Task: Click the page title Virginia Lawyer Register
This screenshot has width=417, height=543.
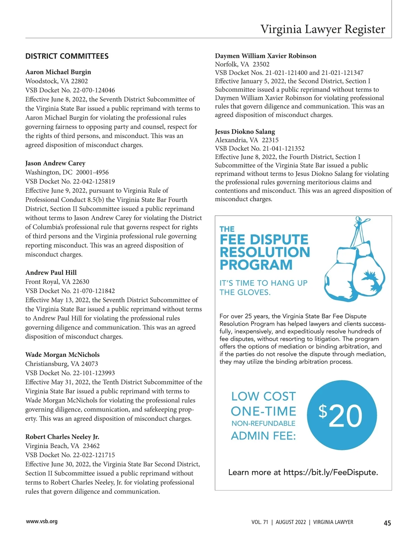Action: coord(322,29)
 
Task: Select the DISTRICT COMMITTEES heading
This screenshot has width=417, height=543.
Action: coord(67,56)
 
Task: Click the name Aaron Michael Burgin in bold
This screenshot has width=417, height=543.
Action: coord(58,72)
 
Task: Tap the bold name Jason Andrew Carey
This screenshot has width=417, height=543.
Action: coord(55,163)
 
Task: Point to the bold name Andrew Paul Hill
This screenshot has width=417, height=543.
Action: coord(51,273)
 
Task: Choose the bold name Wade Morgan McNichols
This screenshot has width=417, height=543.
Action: coord(62,355)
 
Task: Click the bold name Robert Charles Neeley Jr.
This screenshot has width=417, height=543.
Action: coord(62,437)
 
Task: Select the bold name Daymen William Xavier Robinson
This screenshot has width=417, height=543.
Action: coord(265,56)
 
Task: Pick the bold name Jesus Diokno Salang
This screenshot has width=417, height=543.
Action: coord(245,132)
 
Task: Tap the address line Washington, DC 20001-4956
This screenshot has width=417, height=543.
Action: coord(67,172)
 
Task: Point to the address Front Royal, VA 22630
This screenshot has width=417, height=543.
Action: coord(57,282)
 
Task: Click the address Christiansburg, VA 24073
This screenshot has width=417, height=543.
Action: coord(62,364)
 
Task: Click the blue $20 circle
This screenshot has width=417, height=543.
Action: coord(342,415)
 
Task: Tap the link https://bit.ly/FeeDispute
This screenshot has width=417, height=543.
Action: coord(330,472)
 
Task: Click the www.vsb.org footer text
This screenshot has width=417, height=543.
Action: coord(42,521)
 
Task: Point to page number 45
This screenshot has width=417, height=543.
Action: coord(387,523)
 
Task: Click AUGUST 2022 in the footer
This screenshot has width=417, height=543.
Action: coord(291,522)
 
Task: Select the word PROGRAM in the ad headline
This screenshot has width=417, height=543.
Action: coord(256,265)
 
